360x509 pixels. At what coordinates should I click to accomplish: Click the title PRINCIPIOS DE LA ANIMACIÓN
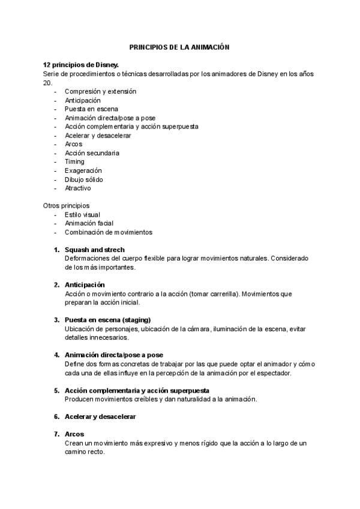pyautogui.click(x=180, y=46)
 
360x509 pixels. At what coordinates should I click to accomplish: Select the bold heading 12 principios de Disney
pyautogui.click(x=81, y=64)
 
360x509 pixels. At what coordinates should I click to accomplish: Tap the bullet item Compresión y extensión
pyautogui.click(x=100, y=91)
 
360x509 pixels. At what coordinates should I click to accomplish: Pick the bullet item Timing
pyautogui.click(x=74, y=161)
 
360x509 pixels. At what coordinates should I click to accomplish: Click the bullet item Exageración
pyautogui.click(x=83, y=170)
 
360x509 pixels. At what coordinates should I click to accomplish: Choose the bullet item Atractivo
pyautogui.click(x=78, y=188)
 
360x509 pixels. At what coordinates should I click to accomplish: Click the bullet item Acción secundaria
pyautogui.click(x=92, y=153)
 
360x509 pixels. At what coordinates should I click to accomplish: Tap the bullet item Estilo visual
pyautogui.click(x=82, y=214)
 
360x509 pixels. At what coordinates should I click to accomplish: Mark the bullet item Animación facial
pyautogui.click(x=89, y=223)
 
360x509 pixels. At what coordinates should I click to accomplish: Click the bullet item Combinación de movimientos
pyautogui.click(x=109, y=232)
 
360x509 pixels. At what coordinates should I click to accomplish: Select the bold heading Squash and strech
pyautogui.click(x=95, y=250)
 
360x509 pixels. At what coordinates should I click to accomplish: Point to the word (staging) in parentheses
pyautogui.click(x=136, y=319)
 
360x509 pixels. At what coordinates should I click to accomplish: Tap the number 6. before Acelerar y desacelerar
pyautogui.click(x=56, y=416)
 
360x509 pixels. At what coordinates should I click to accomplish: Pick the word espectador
pyautogui.click(x=273, y=373)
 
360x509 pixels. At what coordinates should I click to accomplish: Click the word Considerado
pyautogui.click(x=290, y=258)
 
